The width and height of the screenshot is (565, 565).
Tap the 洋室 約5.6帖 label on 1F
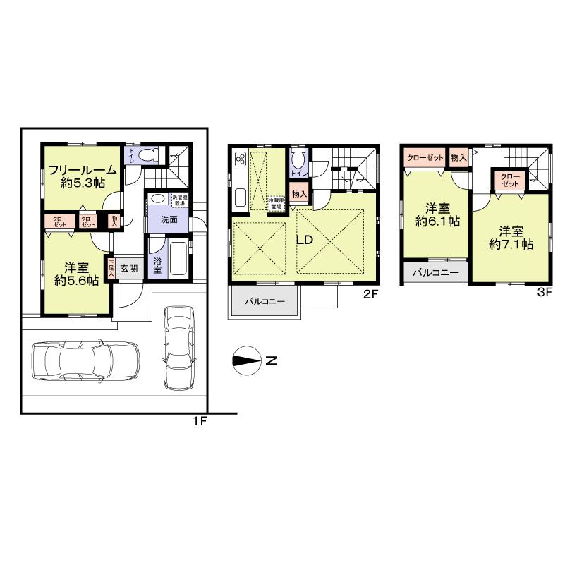(x=76, y=274)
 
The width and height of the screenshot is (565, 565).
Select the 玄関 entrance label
(x=128, y=268)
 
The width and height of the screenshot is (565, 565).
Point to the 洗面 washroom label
(x=169, y=219)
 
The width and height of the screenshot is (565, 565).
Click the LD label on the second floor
(x=304, y=240)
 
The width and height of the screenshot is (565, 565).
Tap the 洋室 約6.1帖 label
(x=437, y=214)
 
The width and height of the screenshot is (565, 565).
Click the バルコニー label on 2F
(x=265, y=301)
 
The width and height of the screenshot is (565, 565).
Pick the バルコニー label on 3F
(x=435, y=272)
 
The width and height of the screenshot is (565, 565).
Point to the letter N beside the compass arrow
(x=271, y=362)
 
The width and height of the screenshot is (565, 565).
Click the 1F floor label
(x=199, y=421)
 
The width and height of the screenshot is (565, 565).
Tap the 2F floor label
(x=371, y=295)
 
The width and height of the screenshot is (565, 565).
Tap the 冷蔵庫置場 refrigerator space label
(x=276, y=202)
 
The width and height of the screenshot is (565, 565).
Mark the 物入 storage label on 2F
(x=299, y=194)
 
